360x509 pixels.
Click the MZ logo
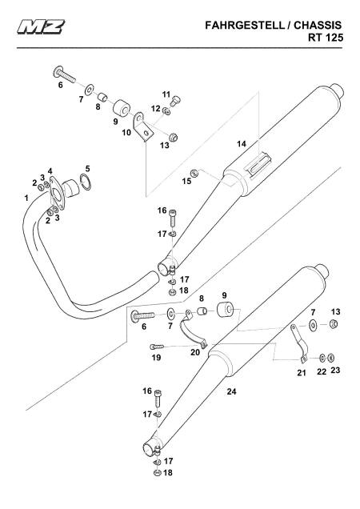(41, 26)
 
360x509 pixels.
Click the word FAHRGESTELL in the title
(245, 26)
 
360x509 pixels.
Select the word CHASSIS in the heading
(318, 26)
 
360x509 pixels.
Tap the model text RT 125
(326, 38)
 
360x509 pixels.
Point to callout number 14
(242, 143)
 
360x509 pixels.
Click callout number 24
(231, 391)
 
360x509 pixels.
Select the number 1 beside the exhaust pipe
(26, 198)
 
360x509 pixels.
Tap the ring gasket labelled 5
(86, 182)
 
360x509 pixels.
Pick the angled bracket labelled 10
(142, 127)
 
